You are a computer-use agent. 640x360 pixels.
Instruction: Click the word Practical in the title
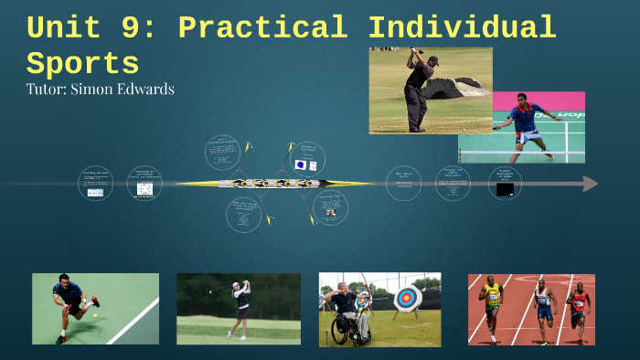pyautogui.click(x=261, y=27)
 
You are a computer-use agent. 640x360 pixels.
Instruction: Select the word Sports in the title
pyautogui.click(x=82, y=64)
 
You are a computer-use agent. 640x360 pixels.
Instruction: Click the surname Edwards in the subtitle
pyautogui.click(x=144, y=89)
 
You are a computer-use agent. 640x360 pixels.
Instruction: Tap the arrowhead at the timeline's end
pyautogui.click(x=590, y=184)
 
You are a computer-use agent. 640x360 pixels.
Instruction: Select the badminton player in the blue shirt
pyautogui.click(x=528, y=128)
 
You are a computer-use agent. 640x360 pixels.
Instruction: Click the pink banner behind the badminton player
pyautogui.click(x=549, y=101)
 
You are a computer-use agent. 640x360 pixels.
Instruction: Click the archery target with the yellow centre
pyautogui.click(x=408, y=298)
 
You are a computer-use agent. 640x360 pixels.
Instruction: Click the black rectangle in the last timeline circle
pyautogui.click(x=505, y=190)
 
